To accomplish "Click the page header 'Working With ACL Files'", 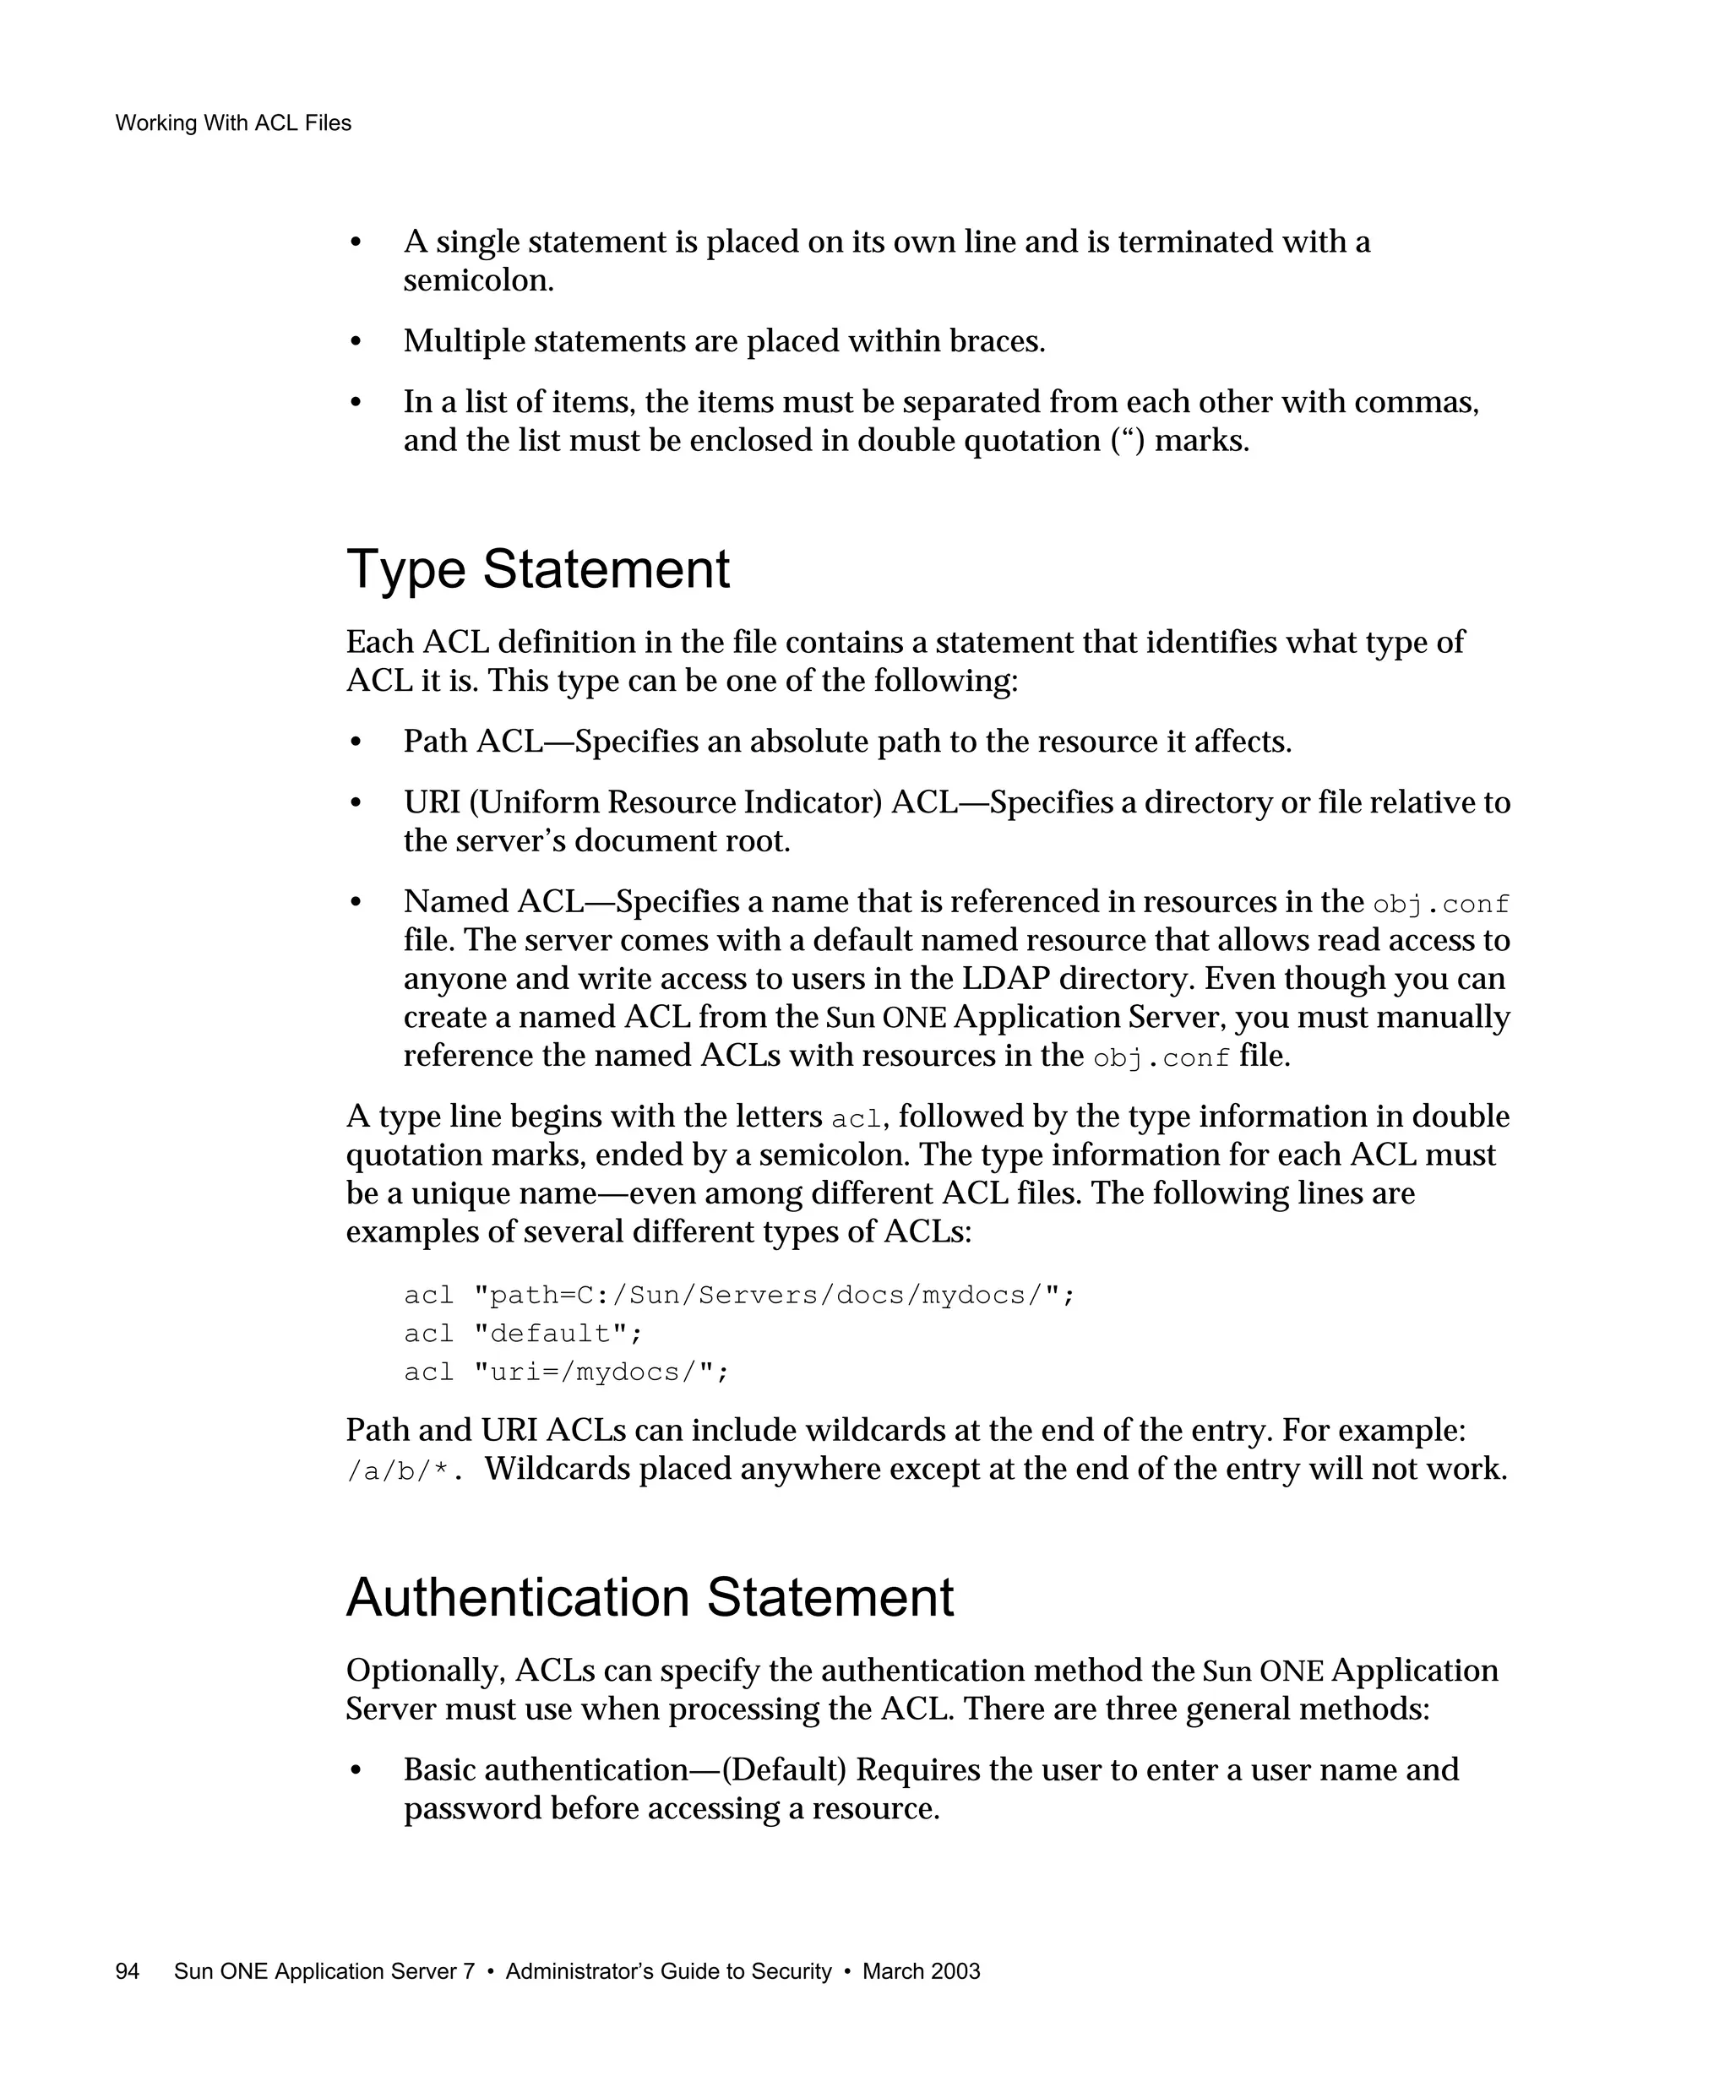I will [233, 123].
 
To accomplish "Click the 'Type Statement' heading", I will [538, 570].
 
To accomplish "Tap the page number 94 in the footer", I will [128, 1971].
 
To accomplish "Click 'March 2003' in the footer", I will [921, 1971].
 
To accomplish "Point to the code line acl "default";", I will [523, 1334].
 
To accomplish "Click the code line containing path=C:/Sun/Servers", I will [738, 1295].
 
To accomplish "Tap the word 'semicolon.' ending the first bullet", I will [478, 280].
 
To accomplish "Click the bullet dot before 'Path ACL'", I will [356, 742].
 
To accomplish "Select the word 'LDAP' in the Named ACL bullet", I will [1004, 979].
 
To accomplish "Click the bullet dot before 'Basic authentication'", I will [356, 1770].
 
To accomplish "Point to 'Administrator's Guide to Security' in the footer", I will [668, 1971].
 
